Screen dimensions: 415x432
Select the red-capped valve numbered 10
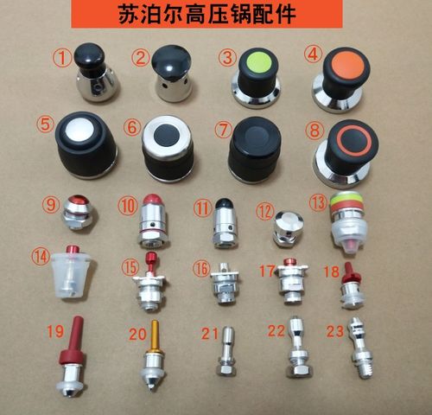click(x=151, y=220)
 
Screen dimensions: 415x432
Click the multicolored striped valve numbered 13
click(x=349, y=221)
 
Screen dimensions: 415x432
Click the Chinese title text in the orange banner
click(x=216, y=16)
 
